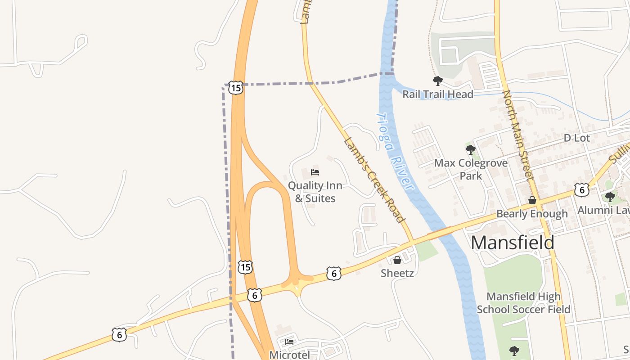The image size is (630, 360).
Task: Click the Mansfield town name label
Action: tap(513, 243)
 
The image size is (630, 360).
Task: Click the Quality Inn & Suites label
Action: tap(315, 192)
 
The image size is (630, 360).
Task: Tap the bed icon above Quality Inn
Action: tap(315, 172)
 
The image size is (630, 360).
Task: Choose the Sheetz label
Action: tap(397, 273)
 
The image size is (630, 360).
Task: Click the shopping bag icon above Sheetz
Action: tap(397, 260)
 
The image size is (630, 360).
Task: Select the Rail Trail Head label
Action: tap(437, 94)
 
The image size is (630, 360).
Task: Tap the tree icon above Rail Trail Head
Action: tap(437, 81)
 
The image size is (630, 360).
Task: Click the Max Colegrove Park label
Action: tap(471, 169)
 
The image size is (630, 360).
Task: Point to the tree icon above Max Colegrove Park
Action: tap(471, 149)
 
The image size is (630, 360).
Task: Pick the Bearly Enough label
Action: tap(532, 214)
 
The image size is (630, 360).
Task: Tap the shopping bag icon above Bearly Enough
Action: tap(532, 200)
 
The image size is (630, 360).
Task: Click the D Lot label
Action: tap(576, 138)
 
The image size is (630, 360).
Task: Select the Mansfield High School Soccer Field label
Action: tap(523, 303)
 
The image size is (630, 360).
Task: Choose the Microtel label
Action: tap(289, 355)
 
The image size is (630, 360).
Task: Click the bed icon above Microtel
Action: tap(289, 342)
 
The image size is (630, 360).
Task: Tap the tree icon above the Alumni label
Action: tap(610, 197)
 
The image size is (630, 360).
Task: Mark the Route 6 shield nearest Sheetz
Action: tap(333, 273)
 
